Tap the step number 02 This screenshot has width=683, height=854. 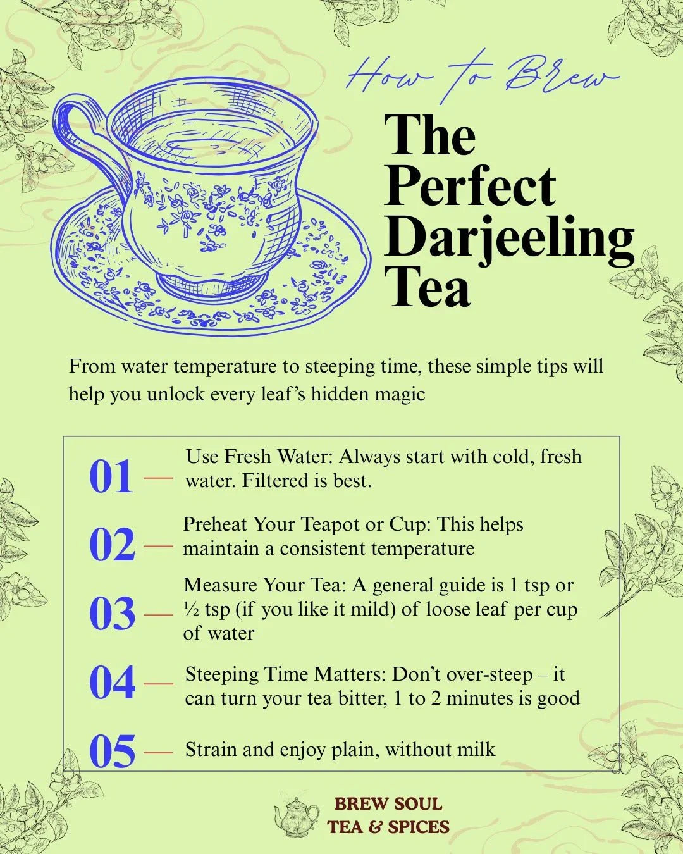112,545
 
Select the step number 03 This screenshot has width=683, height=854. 112,614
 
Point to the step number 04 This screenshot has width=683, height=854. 112,683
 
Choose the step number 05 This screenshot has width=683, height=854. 112,752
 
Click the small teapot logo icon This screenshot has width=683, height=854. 297,816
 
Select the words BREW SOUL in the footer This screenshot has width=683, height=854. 388,804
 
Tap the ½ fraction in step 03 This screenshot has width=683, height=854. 192,609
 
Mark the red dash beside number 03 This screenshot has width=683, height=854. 158,614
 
